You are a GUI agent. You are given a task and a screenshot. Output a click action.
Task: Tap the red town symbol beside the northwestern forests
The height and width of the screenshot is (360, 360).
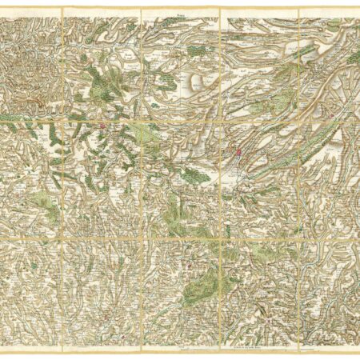pos(103,126)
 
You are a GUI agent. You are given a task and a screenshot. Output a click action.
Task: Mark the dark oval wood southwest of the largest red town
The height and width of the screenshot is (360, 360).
pos(194,175)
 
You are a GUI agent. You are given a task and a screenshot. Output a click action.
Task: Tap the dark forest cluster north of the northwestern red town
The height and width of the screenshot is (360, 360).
pos(99,81)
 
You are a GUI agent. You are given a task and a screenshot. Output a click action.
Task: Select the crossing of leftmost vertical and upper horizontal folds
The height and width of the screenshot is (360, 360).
pos(62,122)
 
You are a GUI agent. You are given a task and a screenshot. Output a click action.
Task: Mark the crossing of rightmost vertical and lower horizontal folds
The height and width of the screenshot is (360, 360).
pos(298,238)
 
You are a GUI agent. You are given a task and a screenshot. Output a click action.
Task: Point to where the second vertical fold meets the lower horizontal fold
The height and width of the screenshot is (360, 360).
pos(141,238)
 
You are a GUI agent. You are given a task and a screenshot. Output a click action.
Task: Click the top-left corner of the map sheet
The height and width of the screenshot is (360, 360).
pos(2,9)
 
